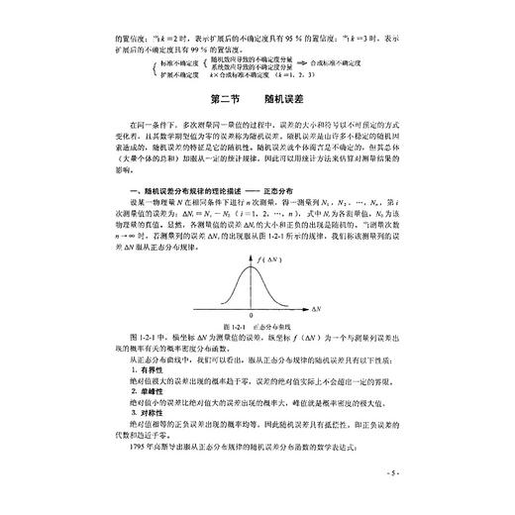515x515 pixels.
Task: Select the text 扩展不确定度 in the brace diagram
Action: pyautogui.click(x=150, y=73)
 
